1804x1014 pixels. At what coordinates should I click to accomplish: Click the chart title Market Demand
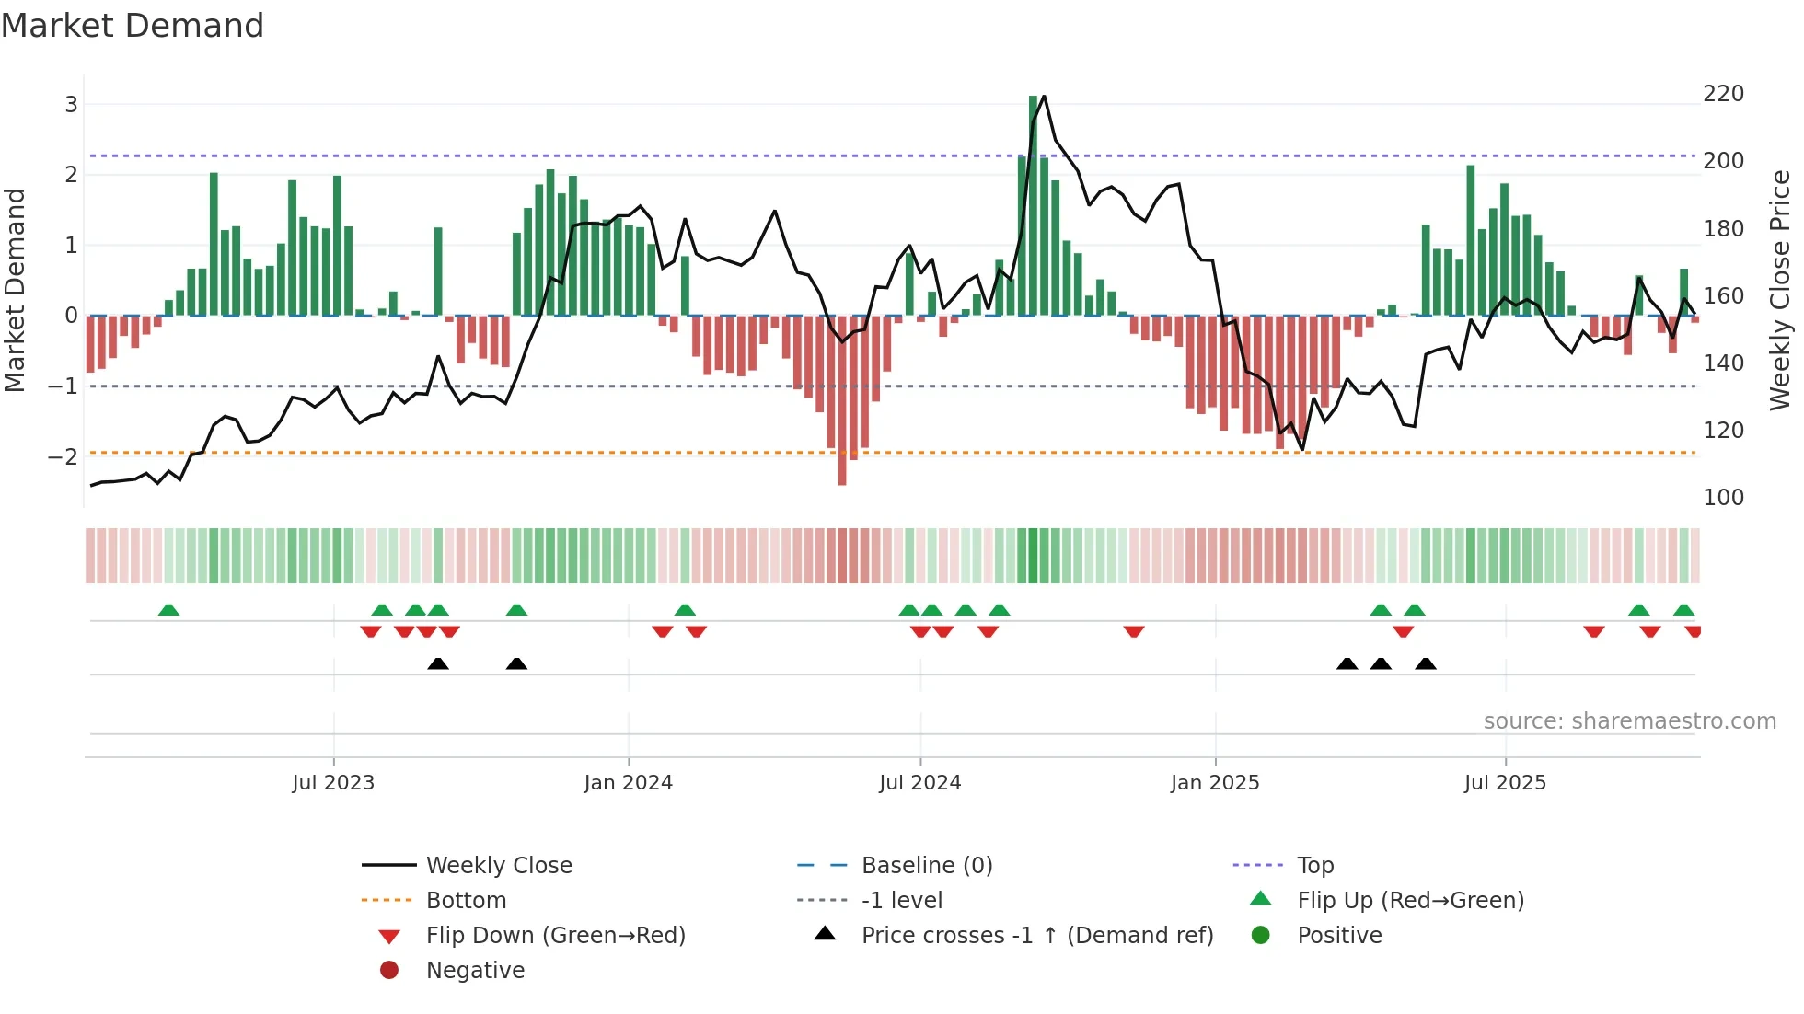[x=133, y=26]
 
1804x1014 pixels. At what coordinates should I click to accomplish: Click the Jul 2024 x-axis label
[x=919, y=783]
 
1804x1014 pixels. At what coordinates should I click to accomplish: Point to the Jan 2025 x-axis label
[x=1215, y=783]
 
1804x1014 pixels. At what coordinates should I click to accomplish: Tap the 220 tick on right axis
[x=1723, y=94]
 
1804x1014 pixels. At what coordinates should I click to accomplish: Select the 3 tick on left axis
[x=71, y=105]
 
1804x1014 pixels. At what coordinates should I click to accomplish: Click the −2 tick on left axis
[x=63, y=456]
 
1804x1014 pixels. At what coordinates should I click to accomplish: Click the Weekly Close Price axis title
[x=1780, y=290]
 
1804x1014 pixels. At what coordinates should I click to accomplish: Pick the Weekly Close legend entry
[x=498, y=866]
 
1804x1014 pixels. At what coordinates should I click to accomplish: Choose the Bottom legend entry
[x=466, y=901]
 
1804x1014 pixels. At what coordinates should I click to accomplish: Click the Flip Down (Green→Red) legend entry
[x=555, y=936]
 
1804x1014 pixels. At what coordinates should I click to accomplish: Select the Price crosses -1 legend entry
[x=1036, y=936]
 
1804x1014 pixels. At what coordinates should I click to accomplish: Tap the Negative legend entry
[x=475, y=971]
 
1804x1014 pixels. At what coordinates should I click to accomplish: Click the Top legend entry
[x=1315, y=866]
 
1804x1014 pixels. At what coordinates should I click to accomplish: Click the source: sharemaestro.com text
[x=1629, y=721]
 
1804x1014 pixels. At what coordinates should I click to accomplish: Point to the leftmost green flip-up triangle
[x=168, y=610]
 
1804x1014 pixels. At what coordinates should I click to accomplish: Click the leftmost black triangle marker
[x=438, y=663]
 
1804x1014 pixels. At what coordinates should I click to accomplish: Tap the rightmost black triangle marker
[x=1426, y=663]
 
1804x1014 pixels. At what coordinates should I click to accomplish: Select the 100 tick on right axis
[x=1723, y=498]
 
